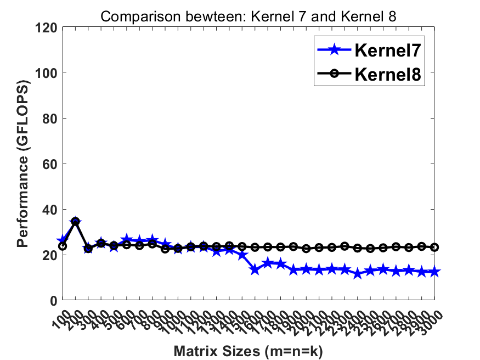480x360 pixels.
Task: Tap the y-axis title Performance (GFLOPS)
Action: [x=22, y=164]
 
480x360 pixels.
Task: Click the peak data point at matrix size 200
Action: [x=75, y=221]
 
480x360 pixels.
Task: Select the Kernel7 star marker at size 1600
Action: [x=255, y=269]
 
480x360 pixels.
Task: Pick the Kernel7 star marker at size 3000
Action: [x=434, y=272]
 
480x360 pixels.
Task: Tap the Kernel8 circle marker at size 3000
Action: [x=434, y=248]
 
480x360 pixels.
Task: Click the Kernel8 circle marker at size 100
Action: [x=63, y=246]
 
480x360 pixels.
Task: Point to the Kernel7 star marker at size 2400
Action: [x=358, y=274]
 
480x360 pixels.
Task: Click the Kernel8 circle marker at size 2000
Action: [x=306, y=249]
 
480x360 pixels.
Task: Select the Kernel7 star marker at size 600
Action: [x=127, y=239]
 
